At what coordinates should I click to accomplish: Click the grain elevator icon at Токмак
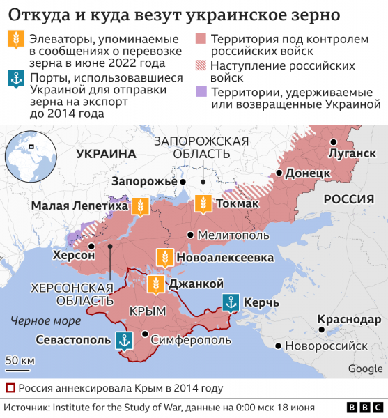tap(203, 203)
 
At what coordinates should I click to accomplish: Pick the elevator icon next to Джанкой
tap(157, 284)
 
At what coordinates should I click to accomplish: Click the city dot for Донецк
tap(279, 173)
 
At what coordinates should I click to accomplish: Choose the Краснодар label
tap(349, 320)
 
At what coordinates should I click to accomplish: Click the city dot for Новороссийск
tap(279, 346)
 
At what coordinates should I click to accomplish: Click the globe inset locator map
tap(29, 158)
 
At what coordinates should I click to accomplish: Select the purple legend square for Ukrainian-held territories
tap(201, 91)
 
